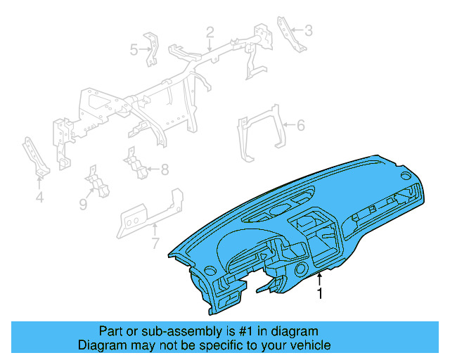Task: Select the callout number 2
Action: (210, 32)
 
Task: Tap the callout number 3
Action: (307, 30)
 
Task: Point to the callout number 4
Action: (39, 198)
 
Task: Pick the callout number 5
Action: (134, 49)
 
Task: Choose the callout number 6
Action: (300, 126)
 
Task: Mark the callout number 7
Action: (155, 244)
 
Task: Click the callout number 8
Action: (165, 169)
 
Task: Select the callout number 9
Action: (83, 204)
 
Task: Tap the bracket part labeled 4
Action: (36, 158)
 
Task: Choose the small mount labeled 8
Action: (135, 165)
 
